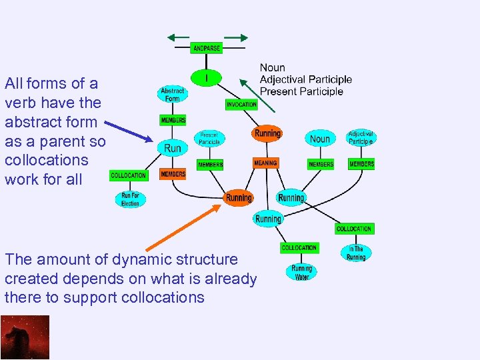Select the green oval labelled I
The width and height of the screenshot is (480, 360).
(207, 77)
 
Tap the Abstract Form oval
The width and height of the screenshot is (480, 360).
(172, 95)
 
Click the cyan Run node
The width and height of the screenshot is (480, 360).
(172, 148)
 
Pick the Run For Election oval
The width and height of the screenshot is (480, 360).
(130, 199)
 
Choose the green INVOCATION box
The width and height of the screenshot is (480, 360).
(241, 105)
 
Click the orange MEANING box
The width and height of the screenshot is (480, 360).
(265, 163)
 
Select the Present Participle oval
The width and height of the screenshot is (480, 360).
(209, 139)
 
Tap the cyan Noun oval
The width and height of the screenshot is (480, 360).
(320, 139)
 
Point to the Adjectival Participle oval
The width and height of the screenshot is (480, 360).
(361, 138)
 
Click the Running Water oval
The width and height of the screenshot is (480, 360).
(302, 273)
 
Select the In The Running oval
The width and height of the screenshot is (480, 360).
(356, 253)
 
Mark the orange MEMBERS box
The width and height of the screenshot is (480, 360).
(173, 174)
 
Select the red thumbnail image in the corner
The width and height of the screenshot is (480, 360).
(25, 337)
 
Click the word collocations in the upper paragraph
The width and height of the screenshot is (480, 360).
(46, 160)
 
